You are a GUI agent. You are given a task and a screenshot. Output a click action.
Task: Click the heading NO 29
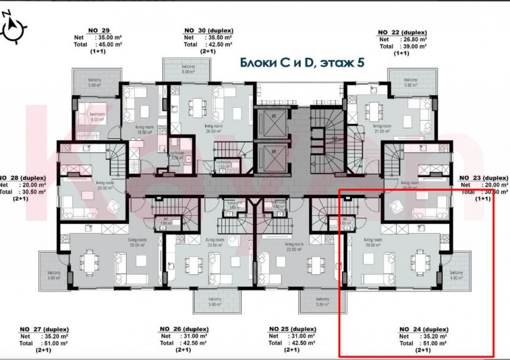[x=99, y=30]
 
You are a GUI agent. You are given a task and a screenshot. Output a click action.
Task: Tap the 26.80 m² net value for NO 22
[x=411, y=39]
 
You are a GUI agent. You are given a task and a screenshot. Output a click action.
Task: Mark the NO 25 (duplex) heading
[x=292, y=329]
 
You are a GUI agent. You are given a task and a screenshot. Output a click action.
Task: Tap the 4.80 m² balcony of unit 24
[x=456, y=275]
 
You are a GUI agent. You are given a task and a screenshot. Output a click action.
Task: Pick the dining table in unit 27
[x=90, y=262]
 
